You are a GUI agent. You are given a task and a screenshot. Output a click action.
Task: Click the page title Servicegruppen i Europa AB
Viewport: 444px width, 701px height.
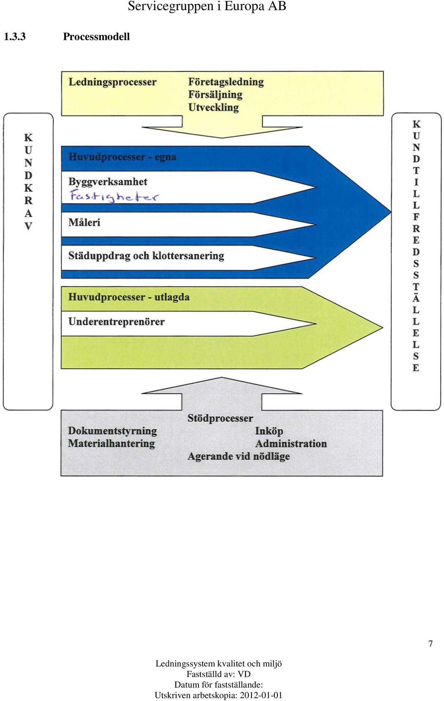[x=207, y=6]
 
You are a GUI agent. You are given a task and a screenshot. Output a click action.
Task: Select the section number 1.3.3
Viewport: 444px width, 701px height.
[x=14, y=37]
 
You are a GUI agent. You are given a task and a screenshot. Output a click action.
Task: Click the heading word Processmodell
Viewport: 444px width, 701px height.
[x=96, y=37]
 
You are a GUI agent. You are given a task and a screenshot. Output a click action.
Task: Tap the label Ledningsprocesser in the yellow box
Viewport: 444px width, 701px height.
[x=112, y=82]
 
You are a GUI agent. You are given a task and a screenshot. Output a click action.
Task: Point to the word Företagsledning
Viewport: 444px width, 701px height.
[x=226, y=82]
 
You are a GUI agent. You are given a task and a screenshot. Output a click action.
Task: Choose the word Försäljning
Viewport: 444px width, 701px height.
[x=216, y=95]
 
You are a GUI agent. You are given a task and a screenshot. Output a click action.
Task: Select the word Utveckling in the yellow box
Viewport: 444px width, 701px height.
[x=214, y=107]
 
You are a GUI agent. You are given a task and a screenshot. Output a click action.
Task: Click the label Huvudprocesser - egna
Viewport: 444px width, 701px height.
[x=123, y=157]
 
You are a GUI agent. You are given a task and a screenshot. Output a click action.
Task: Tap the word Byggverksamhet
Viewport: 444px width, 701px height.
[x=108, y=182]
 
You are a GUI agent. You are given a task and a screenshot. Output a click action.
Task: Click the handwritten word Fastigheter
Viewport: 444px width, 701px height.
[x=114, y=196]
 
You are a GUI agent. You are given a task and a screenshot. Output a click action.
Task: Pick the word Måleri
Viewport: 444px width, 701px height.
[x=85, y=223]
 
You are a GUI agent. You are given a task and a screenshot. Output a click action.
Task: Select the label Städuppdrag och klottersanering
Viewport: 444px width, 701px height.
[x=146, y=256]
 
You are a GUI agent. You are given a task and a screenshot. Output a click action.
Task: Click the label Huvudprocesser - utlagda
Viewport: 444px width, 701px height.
[x=129, y=297]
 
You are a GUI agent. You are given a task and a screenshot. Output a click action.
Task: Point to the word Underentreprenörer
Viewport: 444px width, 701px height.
[x=116, y=322]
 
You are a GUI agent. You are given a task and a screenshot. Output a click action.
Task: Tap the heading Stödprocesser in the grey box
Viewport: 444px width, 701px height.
[x=220, y=419]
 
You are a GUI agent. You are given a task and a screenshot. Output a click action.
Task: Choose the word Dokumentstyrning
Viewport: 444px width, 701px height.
[x=112, y=431]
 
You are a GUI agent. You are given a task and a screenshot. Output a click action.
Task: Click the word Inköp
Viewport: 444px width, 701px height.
[x=269, y=431]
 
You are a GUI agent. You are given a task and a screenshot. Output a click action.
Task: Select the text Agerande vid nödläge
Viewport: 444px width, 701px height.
[x=239, y=457]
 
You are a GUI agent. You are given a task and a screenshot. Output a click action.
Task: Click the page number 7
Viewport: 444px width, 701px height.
[x=431, y=644]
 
